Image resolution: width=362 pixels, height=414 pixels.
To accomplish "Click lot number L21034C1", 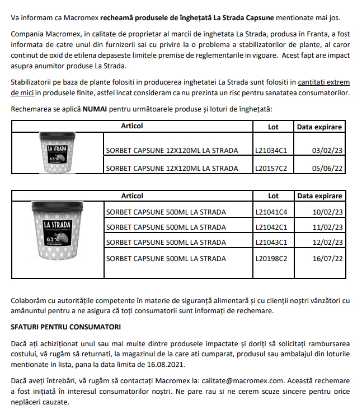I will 271,150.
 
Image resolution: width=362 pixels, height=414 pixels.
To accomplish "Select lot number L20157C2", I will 271,168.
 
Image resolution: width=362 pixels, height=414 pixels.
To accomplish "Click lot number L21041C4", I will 271,212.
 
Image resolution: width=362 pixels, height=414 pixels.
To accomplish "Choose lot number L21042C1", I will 271,227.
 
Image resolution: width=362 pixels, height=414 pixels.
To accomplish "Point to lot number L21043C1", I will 271,243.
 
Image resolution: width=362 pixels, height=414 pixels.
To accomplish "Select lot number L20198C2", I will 271,258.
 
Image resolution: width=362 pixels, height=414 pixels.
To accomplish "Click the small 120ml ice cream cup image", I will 58,152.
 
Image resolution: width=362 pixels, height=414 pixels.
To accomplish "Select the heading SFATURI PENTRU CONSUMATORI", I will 65,326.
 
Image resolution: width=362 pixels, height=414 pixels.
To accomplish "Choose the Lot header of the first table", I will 273,127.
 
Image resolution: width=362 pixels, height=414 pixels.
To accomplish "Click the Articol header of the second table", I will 132,196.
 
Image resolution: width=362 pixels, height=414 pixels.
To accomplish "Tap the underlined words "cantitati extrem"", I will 324,82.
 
